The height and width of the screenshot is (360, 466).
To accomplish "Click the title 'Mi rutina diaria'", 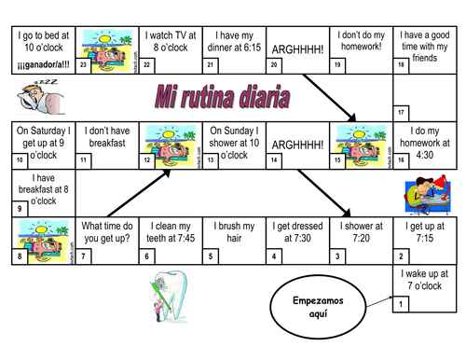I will tap(221, 97).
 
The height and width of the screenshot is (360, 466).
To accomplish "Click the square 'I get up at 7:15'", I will tap(424, 239).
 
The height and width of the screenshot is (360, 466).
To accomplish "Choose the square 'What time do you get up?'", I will tap(105, 239).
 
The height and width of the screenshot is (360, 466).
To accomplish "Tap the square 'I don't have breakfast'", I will tap(105, 144).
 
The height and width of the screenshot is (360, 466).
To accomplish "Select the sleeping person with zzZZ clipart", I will tap(34, 96).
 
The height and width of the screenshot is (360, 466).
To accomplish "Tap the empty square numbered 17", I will tap(424, 97).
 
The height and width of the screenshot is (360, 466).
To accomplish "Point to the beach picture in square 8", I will tap(42, 239).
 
